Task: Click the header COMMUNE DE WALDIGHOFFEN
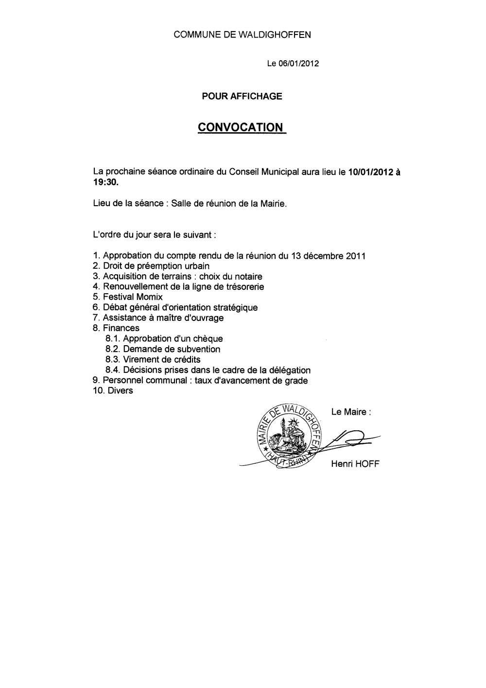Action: click(x=243, y=35)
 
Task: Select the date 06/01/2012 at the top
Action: click(x=299, y=64)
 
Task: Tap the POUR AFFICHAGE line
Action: click(x=242, y=96)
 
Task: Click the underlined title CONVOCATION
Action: click(x=240, y=127)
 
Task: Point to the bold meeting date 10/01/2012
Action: click(x=370, y=172)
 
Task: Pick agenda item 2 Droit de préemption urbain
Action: click(x=151, y=266)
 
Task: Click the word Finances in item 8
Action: click(x=121, y=328)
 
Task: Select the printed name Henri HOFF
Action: click(x=355, y=464)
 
